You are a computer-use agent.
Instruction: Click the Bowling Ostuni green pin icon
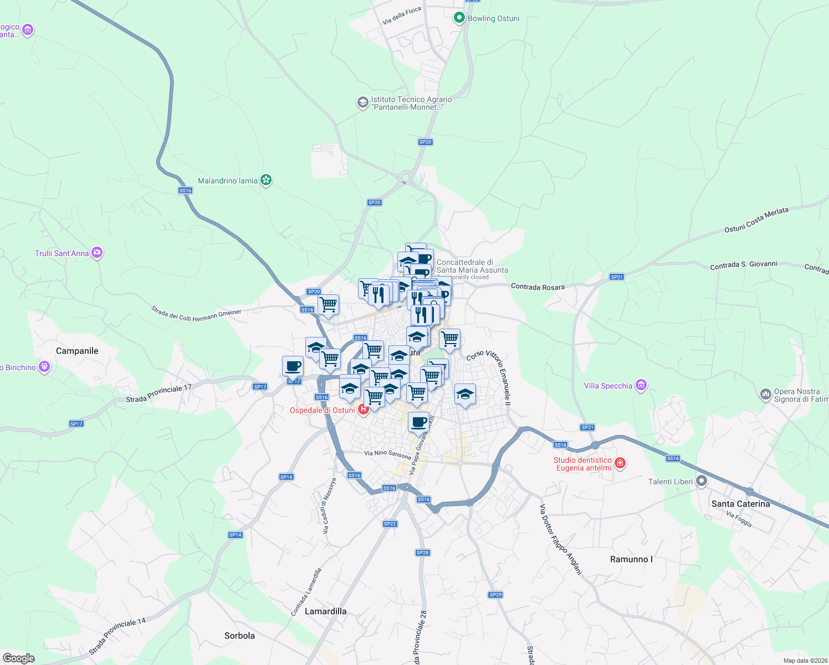point(459,18)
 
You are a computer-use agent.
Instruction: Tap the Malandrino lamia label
point(228,181)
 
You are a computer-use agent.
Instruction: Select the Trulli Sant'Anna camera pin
point(98,253)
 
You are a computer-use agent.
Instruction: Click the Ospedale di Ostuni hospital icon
point(364,410)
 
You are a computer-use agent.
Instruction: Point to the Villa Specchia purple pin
point(641,385)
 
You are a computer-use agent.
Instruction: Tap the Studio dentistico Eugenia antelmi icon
point(620,463)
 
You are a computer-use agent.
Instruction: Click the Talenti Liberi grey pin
point(702,481)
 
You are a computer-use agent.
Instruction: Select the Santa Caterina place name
point(740,504)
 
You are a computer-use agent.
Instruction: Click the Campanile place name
point(77,351)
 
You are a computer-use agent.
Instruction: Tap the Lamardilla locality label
point(326,611)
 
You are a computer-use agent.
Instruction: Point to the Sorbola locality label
point(239,636)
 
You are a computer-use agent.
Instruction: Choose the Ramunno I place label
point(631,559)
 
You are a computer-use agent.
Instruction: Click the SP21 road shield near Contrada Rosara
point(617,277)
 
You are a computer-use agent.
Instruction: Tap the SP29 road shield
point(495,595)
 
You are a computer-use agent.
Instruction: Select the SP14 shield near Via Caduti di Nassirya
point(286,477)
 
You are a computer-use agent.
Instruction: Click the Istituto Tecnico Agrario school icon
point(362,103)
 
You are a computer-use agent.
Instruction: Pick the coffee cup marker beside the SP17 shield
point(293,366)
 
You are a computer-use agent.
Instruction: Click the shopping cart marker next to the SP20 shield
point(328,304)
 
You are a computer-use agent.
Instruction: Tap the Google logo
point(18,658)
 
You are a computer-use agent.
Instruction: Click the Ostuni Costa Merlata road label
point(756,220)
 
